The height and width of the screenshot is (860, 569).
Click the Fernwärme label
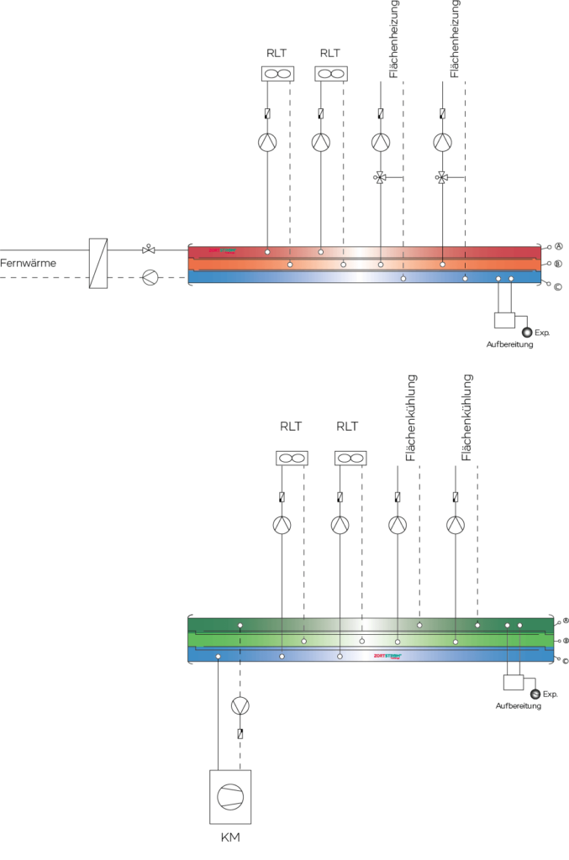(29, 262)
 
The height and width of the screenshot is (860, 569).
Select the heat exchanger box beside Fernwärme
(98, 263)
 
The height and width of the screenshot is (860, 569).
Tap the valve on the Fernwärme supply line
(148, 249)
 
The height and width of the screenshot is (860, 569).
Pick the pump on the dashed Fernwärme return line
(150, 277)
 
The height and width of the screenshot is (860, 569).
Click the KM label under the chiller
(230, 836)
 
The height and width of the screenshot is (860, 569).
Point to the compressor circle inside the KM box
(230, 795)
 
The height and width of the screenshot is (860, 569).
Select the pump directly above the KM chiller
(240, 705)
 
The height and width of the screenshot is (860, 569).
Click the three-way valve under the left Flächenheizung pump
(381, 177)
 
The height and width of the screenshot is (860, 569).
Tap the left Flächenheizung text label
(394, 39)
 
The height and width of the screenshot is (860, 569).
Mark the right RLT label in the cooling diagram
(347, 426)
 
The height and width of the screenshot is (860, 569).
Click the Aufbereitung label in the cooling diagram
(518, 705)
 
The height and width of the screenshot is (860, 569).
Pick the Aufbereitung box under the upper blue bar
(505, 320)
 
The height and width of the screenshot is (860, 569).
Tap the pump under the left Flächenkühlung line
(398, 526)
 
